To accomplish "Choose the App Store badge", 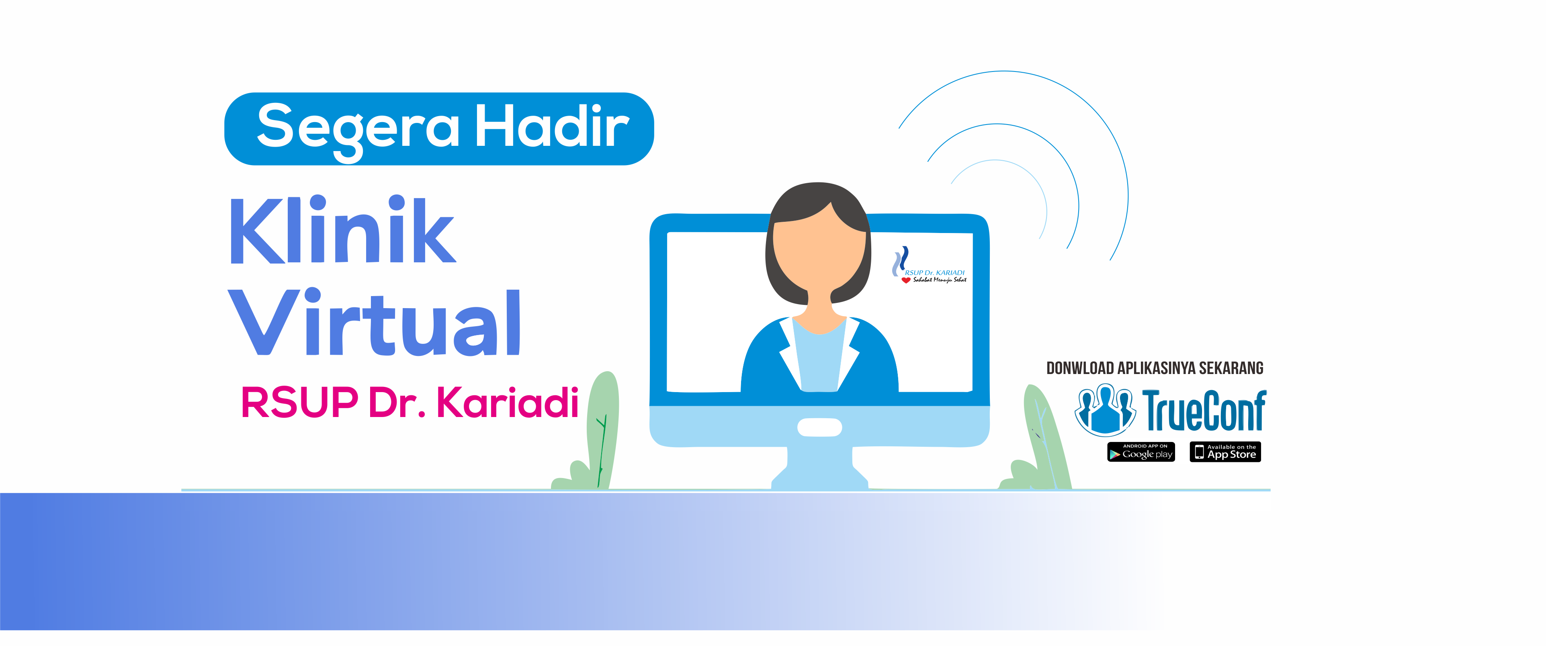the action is pos(1225,452).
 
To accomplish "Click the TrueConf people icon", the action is pos(1105,410).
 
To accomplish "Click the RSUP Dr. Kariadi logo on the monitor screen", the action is pos(929,266).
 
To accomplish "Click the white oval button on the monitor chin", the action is pos(819,427).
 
